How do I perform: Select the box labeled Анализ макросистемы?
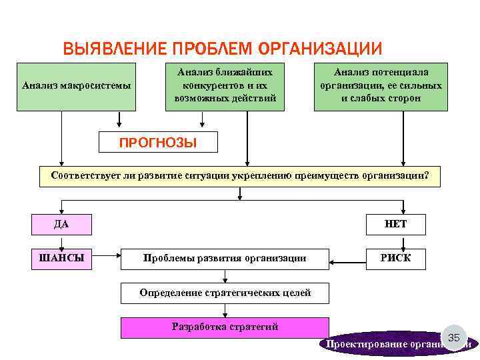point(76,86)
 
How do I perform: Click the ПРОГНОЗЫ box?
point(157,142)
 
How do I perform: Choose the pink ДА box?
point(61,225)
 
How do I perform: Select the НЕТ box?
point(395,225)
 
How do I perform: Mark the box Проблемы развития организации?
point(225,259)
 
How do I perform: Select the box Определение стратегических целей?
point(225,293)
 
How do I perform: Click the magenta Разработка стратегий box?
point(225,327)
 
